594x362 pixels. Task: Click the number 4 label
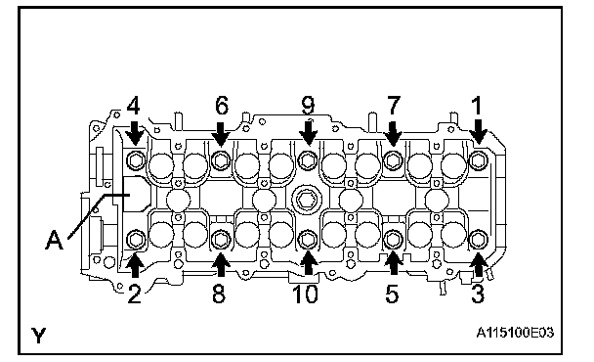pyautogui.click(x=133, y=106)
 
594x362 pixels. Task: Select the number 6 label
pyautogui.click(x=222, y=106)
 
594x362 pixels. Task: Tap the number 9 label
pyautogui.click(x=308, y=106)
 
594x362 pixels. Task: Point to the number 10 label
pyautogui.click(x=306, y=294)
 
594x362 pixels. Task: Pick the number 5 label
pyautogui.click(x=392, y=294)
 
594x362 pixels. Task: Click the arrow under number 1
pyautogui.click(x=478, y=132)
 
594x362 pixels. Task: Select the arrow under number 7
pyautogui.click(x=393, y=134)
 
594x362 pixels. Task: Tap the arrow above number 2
pyautogui.click(x=135, y=266)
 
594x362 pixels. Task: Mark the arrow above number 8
pyautogui.click(x=221, y=264)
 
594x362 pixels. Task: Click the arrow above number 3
pyautogui.click(x=479, y=264)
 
